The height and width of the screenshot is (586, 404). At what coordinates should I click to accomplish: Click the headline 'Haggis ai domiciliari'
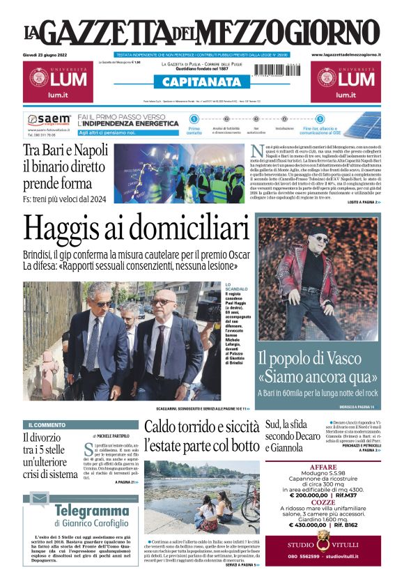click(x=136, y=229)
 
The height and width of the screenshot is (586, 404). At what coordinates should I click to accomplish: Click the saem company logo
click(x=49, y=120)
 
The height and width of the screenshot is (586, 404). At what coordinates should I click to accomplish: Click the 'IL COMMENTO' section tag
click(x=47, y=424)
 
